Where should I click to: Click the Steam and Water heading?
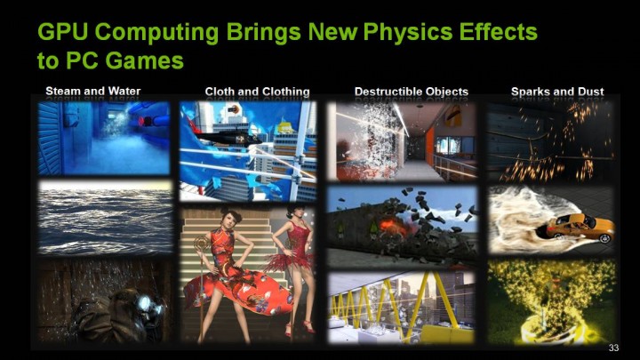(93, 91)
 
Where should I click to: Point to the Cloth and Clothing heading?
(257, 92)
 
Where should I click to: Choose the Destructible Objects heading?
(411, 92)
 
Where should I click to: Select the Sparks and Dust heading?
(557, 92)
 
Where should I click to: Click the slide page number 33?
(612, 347)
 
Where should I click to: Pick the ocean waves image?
(105, 217)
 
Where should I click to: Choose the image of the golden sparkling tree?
(551, 301)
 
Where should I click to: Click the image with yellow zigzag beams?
(401, 308)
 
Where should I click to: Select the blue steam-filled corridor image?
(104, 137)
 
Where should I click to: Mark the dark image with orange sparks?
(551, 140)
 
